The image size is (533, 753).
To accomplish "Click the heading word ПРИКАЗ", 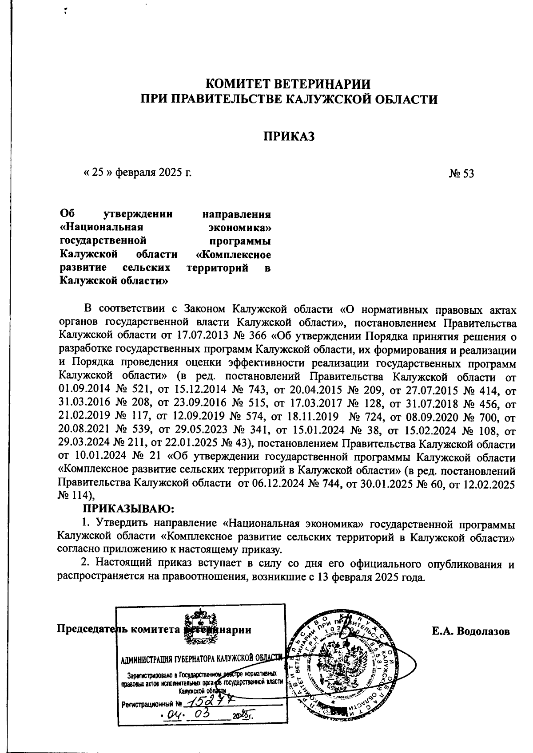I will click(x=289, y=136).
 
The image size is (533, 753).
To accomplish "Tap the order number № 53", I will click(x=461, y=173).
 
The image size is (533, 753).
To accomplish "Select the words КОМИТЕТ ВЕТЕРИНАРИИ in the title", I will click(x=289, y=83).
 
